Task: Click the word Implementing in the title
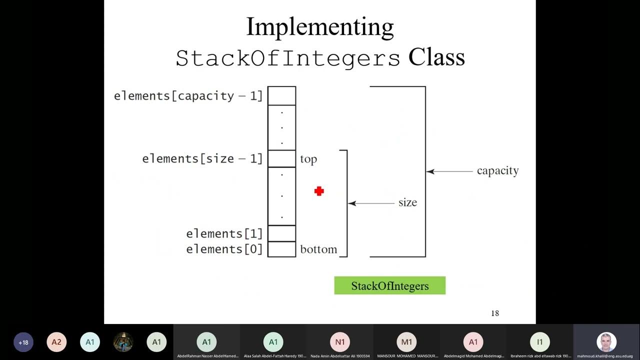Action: [x=320, y=27]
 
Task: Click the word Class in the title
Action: [x=436, y=57]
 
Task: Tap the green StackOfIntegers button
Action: [x=389, y=286]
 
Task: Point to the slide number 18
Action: [x=495, y=313]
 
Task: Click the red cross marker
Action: [x=319, y=191]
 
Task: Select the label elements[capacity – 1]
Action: [x=188, y=96]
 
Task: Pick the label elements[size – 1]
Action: [x=202, y=159]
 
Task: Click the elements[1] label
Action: [x=224, y=233]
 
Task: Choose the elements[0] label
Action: [x=224, y=249]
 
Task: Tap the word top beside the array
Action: [x=308, y=159]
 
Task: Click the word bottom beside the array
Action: [x=318, y=249]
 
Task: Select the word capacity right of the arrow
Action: [x=497, y=171]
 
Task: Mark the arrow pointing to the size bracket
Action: [x=371, y=203]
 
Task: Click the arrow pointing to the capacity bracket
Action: [x=449, y=171]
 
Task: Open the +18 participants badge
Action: [x=23, y=342]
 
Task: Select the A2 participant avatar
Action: [x=56, y=342]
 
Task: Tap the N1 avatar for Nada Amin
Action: [x=339, y=342]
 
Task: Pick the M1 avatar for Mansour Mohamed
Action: [x=406, y=342]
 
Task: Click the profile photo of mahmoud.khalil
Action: [x=606, y=342]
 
